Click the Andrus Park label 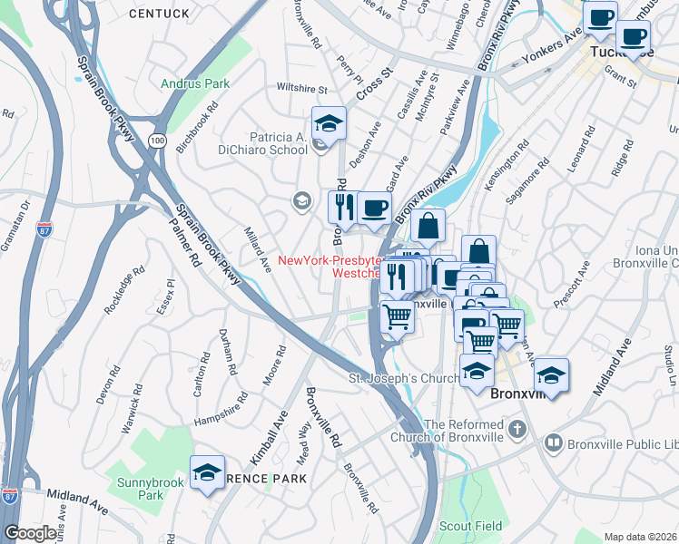pos(194,83)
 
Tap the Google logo pos(30,533)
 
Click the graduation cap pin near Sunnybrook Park pos(208,472)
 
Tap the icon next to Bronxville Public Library pos(553,442)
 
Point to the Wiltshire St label pos(302,90)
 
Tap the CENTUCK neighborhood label pos(160,14)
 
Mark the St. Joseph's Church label pos(394,378)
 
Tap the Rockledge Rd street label pos(125,289)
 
